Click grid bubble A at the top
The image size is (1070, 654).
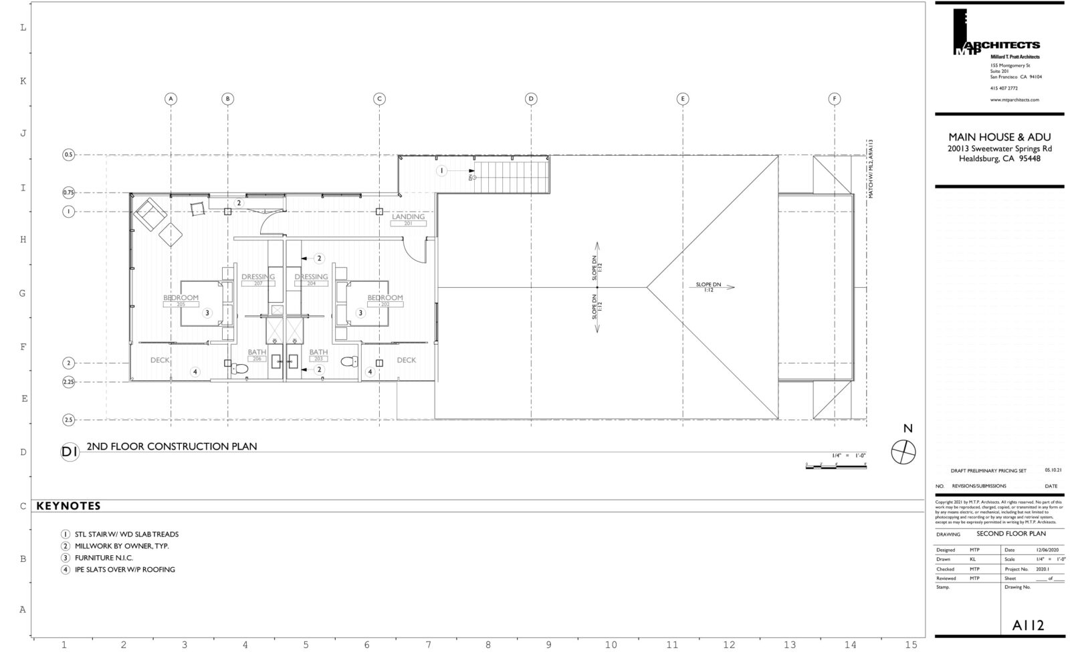pyautogui.click(x=171, y=99)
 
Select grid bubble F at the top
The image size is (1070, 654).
pyautogui.click(x=834, y=99)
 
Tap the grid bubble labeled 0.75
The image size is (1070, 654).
pyautogui.click(x=68, y=192)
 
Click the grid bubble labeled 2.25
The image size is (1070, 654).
pyautogui.click(x=68, y=381)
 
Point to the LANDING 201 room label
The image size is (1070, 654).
pyautogui.click(x=408, y=219)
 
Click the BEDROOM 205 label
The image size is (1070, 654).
pyautogui.click(x=181, y=300)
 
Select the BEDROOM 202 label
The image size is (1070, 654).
pyautogui.click(x=385, y=300)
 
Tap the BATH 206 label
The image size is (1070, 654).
pyautogui.click(x=257, y=355)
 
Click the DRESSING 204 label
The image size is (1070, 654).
pyautogui.click(x=311, y=279)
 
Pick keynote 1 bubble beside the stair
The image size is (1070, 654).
pyautogui.click(x=441, y=171)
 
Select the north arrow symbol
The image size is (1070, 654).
pyautogui.click(x=903, y=452)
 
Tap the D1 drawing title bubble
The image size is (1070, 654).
pyautogui.click(x=70, y=452)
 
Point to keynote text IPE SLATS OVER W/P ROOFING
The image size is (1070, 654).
pyautogui.click(x=124, y=569)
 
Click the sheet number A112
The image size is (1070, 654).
pyautogui.click(x=1028, y=625)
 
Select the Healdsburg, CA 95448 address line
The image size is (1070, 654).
pyautogui.click(x=999, y=159)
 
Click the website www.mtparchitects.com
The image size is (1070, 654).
pyautogui.click(x=1014, y=99)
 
